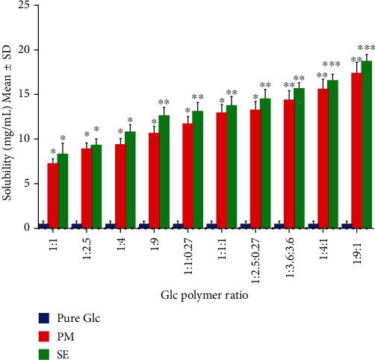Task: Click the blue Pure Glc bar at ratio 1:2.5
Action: point(76,225)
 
